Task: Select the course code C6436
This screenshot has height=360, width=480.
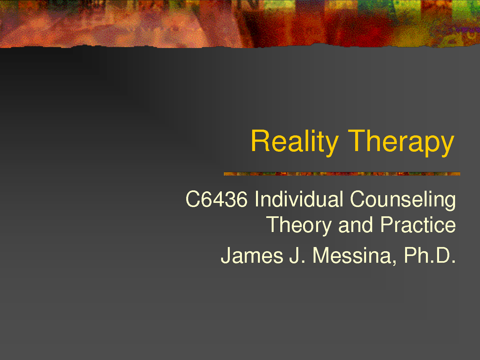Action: pos(217,199)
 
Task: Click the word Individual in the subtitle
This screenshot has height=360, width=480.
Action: pos(299,199)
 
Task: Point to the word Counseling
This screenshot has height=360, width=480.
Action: pos(403,200)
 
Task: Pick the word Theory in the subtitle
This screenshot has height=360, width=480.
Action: pos(299,226)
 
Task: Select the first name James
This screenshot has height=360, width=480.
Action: pos(252,255)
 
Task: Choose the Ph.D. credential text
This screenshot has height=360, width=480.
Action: pos(430,255)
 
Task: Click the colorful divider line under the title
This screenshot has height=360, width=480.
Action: pos(342,174)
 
